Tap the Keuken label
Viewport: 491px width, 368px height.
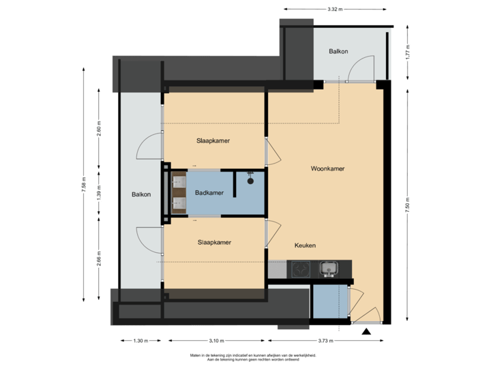[305, 245]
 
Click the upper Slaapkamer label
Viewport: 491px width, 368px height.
[213, 140]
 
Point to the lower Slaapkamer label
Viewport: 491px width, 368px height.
[213, 242]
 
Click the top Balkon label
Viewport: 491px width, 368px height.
[339, 51]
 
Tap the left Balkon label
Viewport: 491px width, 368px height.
[141, 194]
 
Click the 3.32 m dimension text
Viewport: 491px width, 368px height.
[335, 9]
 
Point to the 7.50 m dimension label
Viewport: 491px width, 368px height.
[407, 204]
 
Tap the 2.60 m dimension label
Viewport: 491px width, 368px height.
[100, 129]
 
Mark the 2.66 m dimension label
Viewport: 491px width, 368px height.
[100, 258]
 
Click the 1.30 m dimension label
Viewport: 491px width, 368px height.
[138, 340]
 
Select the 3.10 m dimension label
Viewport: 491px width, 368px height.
[215, 340]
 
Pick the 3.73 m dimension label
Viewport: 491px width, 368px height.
[326, 340]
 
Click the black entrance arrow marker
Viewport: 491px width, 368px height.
[366, 332]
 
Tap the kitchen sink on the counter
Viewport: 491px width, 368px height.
[329, 267]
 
